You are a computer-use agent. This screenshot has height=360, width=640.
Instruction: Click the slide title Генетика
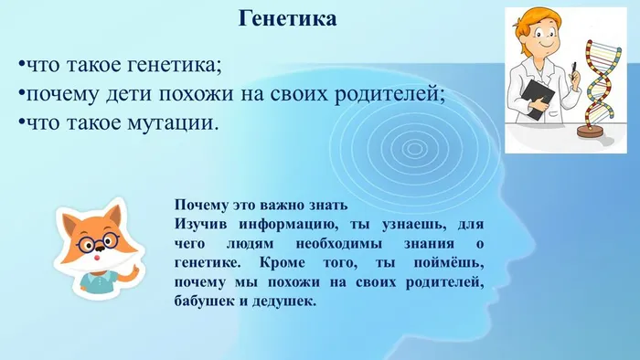[287, 18]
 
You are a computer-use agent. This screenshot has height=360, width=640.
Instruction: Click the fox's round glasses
[96, 242]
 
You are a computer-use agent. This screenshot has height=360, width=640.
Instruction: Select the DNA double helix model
[599, 82]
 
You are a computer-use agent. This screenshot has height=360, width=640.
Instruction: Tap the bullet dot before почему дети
[20, 95]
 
